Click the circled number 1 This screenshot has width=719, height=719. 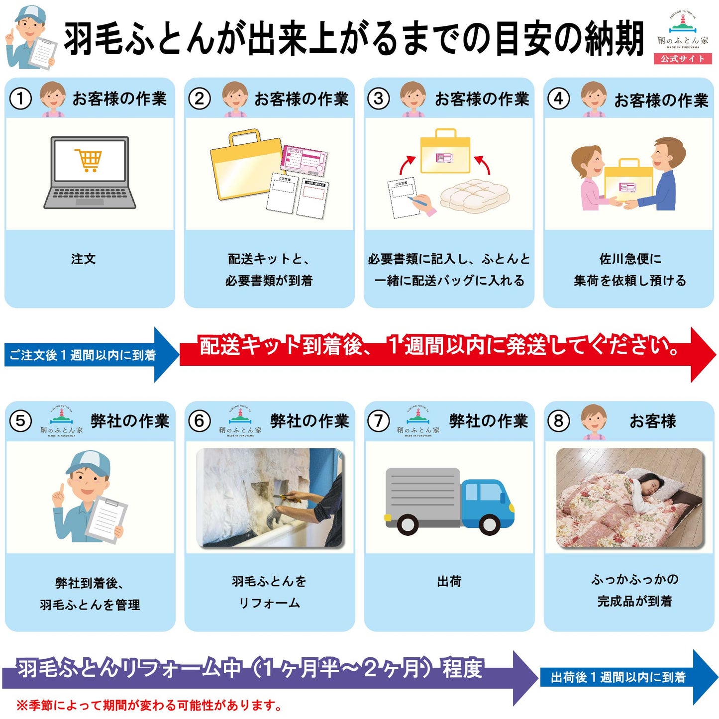pyautogui.click(x=20, y=99)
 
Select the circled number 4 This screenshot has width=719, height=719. pyautogui.click(x=558, y=99)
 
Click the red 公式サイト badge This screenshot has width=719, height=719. pyautogui.click(x=682, y=59)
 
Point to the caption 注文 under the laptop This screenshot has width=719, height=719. pyautogui.click(x=83, y=259)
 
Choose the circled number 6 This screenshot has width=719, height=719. pyautogui.click(x=200, y=421)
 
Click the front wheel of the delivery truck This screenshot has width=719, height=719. pyautogui.click(x=489, y=524)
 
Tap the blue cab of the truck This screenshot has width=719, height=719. pyautogui.click(x=486, y=500)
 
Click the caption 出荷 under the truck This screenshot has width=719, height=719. pyautogui.click(x=449, y=581)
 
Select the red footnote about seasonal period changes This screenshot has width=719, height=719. pyautogui.click(x=149, y=705)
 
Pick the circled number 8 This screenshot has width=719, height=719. pyautogui.click(x=558, y=421)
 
